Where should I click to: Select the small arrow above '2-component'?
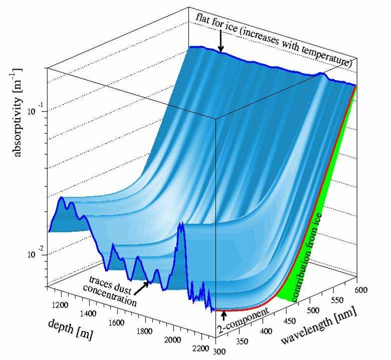click(x=224, y=314)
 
